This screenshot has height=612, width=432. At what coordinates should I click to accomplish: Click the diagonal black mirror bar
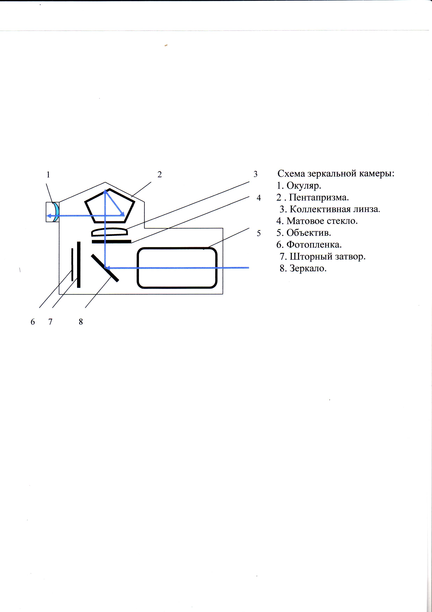105,268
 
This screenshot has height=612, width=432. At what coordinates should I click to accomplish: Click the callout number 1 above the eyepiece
48,175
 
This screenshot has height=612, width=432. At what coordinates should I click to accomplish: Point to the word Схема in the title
291,174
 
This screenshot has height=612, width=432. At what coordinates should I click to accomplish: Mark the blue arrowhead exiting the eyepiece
49,216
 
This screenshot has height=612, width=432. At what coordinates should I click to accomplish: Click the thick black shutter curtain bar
79,265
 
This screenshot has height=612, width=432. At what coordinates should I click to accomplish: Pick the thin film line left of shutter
72,264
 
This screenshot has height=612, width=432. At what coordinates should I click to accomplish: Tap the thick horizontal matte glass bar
111,242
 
